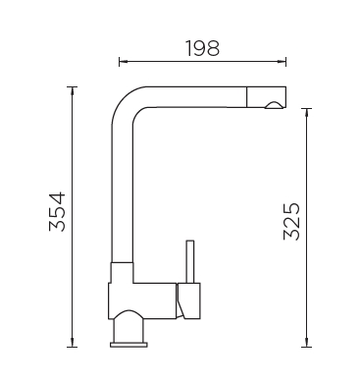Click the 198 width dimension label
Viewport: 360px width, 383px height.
tap(202, 48)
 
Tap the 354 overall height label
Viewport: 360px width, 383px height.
tap(57, 212)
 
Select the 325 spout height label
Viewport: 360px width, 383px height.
tap(291, 222)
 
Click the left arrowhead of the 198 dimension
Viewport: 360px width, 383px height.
tap(123, 61)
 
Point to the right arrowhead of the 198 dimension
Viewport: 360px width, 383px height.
tap(282, 61)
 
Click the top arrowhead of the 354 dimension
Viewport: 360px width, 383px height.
tap(72, 91)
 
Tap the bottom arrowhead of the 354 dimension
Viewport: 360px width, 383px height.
tap(72, 343)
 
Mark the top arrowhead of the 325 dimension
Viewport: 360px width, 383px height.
tap(306, 113)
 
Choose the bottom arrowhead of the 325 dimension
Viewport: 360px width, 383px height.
tap(306, 343)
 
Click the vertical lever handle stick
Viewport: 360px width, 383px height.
tap(190, 261)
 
